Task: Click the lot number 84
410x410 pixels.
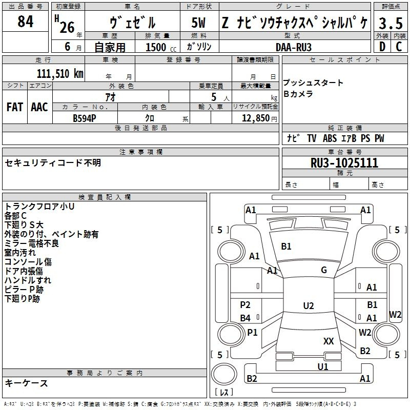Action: click(25, 23)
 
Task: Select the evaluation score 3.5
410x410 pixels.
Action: click(389, 23)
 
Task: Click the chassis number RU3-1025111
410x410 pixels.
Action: click(344, 163)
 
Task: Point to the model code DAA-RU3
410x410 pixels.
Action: click(293, 47)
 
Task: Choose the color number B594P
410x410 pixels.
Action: click(85, 117)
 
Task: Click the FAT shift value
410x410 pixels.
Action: click(15, 107)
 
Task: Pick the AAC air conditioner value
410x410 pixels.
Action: click(39, 107)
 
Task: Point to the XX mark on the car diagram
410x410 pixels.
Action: click(329, 341)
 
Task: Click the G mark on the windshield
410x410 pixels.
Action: click(324, 270)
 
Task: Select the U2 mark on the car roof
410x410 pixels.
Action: click(308, 306)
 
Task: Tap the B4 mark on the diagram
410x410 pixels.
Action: click(245, 318)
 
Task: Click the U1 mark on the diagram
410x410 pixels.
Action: click(322, 366)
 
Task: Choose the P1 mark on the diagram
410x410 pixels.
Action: click(252, 333)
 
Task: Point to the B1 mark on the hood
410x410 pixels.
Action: click(286, 247)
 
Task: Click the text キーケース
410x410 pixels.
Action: click(27, 383)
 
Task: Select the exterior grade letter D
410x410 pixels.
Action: click(381, 47)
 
